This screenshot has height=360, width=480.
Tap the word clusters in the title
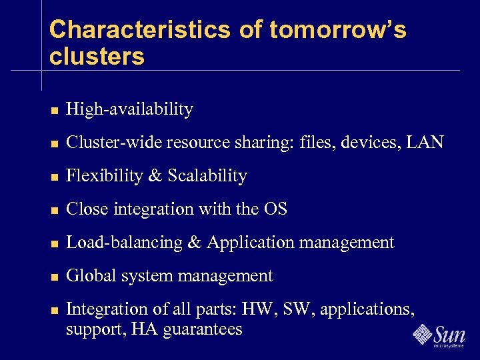click(97, 57)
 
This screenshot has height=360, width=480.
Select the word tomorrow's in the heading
click(338, 30)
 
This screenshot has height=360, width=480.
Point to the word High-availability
click(130, 109)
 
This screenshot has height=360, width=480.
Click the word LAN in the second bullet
click(424, 143)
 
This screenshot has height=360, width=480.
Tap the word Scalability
click(207, 176)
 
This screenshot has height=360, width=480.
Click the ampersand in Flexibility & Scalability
click(155, 176)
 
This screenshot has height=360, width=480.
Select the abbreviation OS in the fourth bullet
click(275, 209)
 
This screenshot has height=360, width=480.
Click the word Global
click(90, 276)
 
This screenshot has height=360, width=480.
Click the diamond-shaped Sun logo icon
click(423, 333)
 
